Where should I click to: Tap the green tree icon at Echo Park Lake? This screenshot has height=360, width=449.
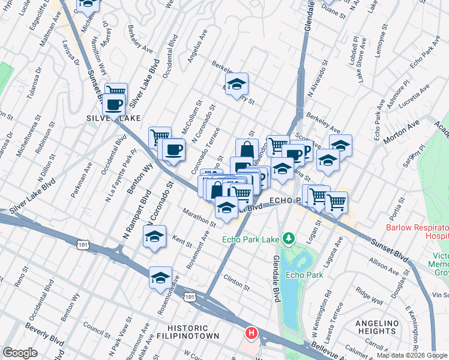coord(289,239)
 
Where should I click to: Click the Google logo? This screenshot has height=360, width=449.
coord(20,353)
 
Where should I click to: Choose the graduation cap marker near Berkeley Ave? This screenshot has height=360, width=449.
coord(237,83)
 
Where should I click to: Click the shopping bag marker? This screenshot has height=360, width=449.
coord(246,149)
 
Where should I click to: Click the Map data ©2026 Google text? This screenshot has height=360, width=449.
coord(412,355)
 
